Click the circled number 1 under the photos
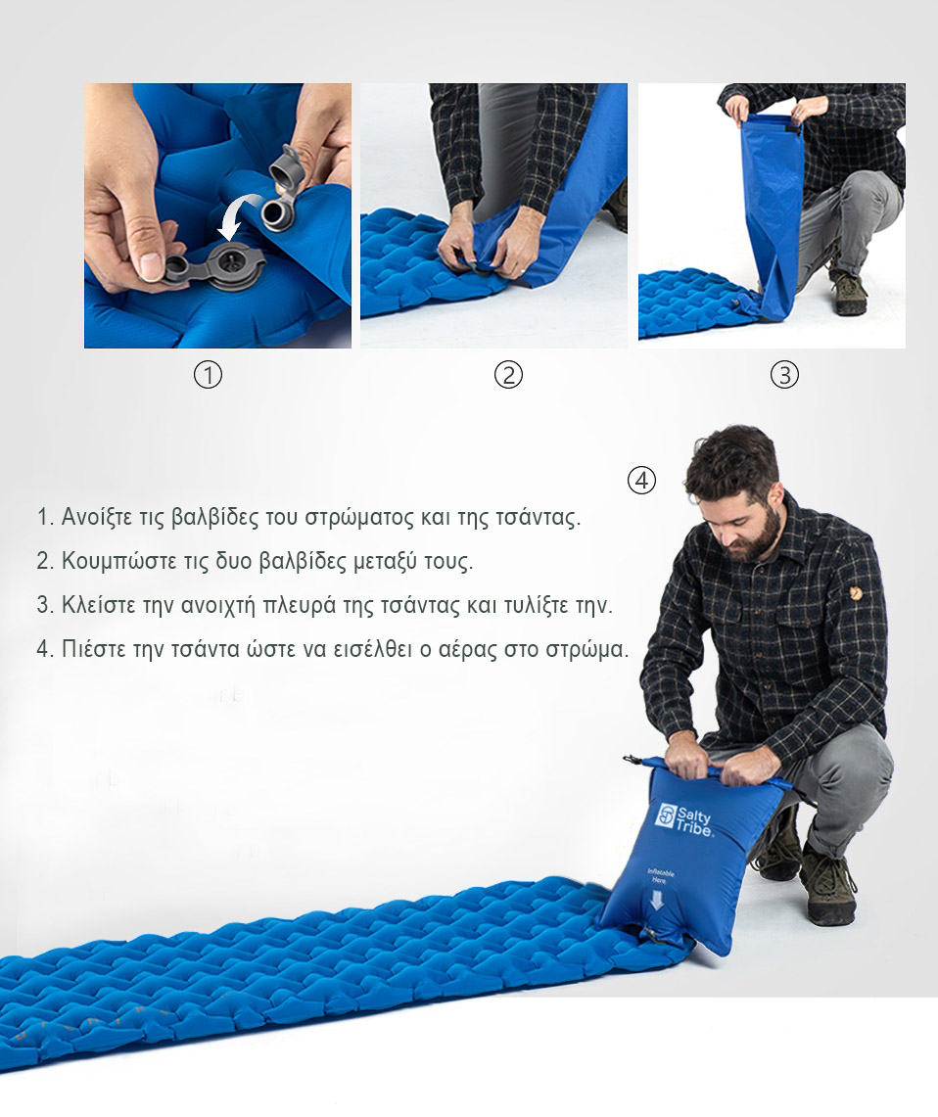208,374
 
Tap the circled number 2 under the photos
508,374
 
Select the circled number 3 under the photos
785,374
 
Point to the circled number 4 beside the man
641,480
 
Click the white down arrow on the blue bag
657,902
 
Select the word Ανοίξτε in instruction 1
97,517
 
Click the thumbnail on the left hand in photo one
152,266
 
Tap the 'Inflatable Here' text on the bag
660,876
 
